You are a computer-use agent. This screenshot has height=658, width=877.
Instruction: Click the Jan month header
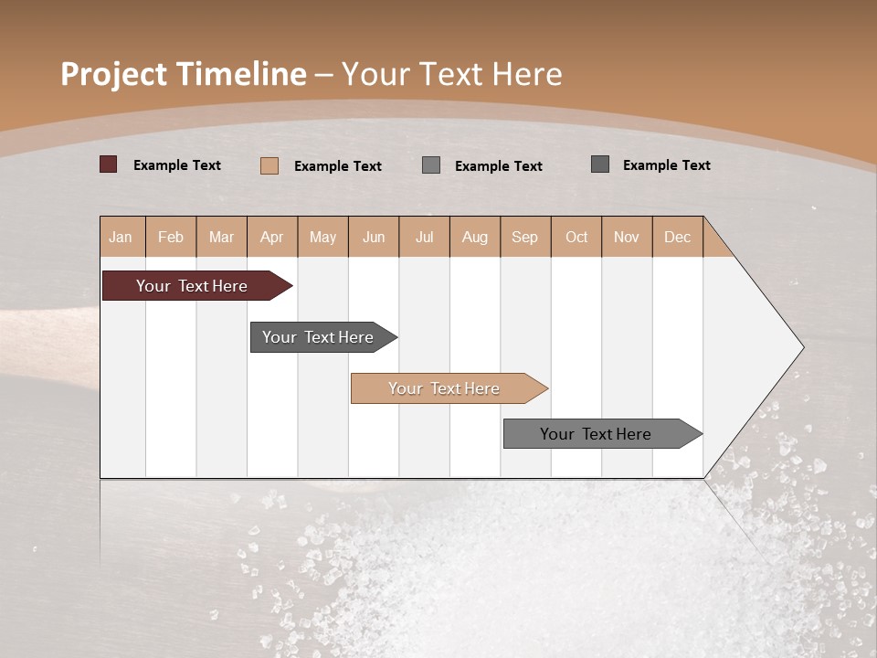point(122,237)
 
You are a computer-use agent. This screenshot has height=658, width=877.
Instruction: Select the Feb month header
point(171,237)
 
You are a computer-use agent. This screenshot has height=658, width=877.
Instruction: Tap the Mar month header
point(221,237)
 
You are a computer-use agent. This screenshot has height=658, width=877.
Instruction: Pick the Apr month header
point(272,237)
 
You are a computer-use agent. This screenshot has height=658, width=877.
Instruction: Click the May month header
point(322,237)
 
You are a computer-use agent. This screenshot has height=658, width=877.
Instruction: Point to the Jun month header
point(374,237)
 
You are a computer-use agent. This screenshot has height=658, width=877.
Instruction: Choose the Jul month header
point(424,237)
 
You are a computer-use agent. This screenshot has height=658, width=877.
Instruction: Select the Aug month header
point(475,237)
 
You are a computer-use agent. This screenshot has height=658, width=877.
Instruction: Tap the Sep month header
point(525,237)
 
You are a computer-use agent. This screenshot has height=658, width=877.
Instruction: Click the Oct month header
point(576,237)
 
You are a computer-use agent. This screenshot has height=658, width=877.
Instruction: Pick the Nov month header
point(627,237)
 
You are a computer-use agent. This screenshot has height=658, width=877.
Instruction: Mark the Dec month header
point(678,237)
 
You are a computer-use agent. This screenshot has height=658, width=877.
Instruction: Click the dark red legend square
point(109,164)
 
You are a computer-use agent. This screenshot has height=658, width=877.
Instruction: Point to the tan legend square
point(269,165)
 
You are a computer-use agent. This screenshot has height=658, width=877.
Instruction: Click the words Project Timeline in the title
point(184,74)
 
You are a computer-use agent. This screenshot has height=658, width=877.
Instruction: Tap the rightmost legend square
point(600,164)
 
